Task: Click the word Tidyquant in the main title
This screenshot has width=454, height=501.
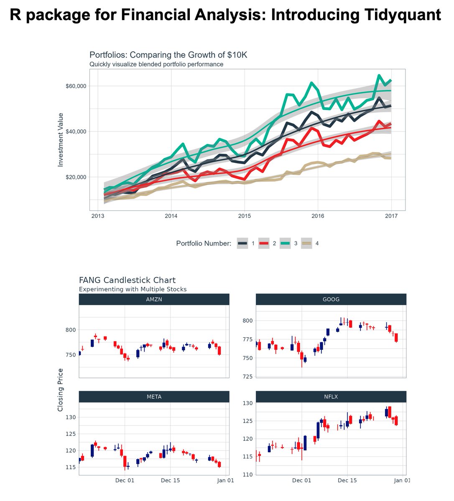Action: [x=400, y=15]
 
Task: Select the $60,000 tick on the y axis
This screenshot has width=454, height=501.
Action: [x=76, y=86]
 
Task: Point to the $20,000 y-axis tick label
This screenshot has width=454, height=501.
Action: [x=76, y=177]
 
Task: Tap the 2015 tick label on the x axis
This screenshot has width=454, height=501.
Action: [x=244, y=216]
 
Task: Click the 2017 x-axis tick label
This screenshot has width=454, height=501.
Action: [x=391, y=216]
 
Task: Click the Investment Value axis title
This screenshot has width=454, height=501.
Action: [x=61, y=140]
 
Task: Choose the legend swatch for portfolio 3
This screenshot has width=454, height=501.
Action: [x=285, y=243]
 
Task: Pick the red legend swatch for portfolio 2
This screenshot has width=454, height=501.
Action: [x=263, y=243]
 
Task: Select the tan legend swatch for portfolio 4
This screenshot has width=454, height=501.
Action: [x=307, y=243]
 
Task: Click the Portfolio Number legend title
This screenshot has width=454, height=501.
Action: [x=204, y=243]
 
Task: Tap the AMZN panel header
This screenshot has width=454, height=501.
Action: [x=154, y=299]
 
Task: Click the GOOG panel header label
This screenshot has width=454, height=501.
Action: [x=331, y=299]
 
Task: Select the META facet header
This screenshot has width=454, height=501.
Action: [x=154, y=397]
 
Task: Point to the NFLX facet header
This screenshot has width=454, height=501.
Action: [x=331, y=397]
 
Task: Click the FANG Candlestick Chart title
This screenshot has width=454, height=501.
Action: [x=127, y=280]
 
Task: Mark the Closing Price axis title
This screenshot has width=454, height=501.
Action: [x=61, y=390]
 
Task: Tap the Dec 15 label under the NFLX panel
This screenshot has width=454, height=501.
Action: [x=347, y=481]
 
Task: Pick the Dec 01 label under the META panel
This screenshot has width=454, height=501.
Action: [x=125, y=481]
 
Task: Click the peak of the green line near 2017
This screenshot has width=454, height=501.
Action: [x=379, y=76]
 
